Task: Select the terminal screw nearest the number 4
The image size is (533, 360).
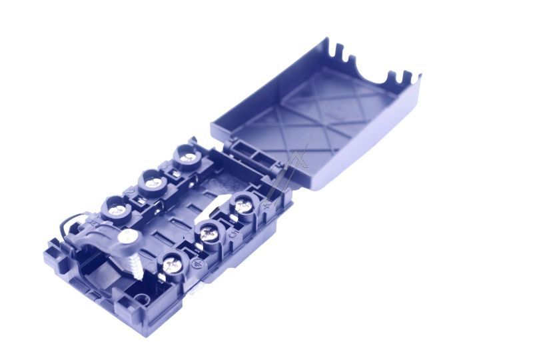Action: (x=242, y=205)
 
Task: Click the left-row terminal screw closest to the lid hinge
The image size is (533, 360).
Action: (x=189, y=157)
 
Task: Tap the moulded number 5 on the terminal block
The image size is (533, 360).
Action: (x=231, y=235)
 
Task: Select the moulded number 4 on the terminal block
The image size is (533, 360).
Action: (x=266, y=207)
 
